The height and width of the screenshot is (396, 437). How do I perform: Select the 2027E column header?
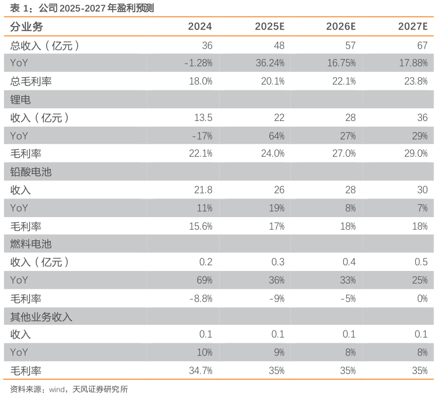click(x=413, y=27)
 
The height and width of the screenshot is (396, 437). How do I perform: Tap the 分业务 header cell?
click(x=27, y=27)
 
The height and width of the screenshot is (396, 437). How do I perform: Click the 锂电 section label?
click(x=21, y=100)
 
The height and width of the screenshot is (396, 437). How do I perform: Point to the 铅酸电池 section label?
click(x=31, y=172)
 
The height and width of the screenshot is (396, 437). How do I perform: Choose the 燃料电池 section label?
click(x=31, y=244)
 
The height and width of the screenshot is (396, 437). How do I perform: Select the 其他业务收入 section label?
click(x=41, y=317)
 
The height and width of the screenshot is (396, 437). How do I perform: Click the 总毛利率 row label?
click(x=31, y=82)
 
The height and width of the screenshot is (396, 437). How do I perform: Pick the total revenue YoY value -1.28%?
click(x=198, y=63)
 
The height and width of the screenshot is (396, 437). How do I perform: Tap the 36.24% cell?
click(x=270, y=63)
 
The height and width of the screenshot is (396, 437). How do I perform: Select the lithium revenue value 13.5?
click(x=203, y=118)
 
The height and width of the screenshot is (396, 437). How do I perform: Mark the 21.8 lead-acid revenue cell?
click(x=203, y=190)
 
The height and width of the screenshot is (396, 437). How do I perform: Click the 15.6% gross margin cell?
click(x=201, y=226)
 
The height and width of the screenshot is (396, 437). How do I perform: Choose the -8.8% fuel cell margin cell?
click(x=201, y=299)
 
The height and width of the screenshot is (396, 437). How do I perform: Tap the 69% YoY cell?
click(x=204, y=280)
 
